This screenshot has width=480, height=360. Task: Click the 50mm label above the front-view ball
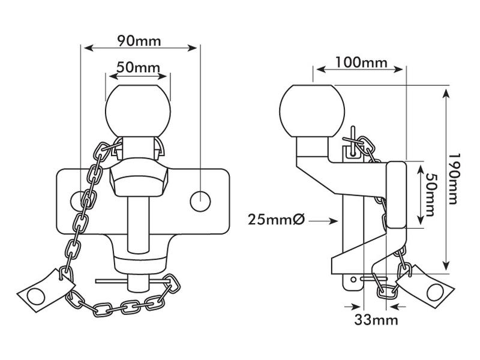[x=137, y=67]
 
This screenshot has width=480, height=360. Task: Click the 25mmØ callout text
[x=276, y=220]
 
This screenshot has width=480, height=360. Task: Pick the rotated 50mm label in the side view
[x=430, y=195]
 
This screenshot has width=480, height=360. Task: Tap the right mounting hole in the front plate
[x=199, y=201]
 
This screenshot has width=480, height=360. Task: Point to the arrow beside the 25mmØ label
[x=325, y=221]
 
